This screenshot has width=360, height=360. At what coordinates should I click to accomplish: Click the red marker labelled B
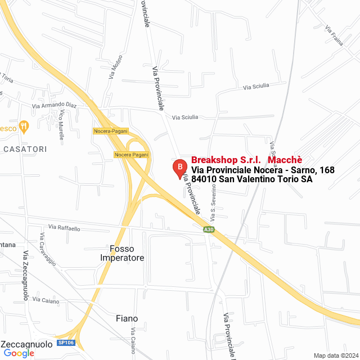(179, 168)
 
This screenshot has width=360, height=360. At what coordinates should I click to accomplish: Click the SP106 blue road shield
(65, 343)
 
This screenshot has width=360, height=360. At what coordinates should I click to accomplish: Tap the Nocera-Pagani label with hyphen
(111, 131)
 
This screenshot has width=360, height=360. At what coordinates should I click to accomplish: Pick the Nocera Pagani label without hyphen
(130, 155)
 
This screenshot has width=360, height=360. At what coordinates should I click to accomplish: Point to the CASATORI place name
(25, 149)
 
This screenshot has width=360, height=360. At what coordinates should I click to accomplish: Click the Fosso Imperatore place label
(122, 253)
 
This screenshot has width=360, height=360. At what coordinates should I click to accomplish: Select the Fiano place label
(127, 318)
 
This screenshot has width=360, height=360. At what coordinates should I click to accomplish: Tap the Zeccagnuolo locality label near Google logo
(27, 343)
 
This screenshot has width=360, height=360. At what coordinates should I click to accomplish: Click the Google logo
(19, 353)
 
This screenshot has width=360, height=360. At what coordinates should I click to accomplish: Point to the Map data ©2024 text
(335, 355)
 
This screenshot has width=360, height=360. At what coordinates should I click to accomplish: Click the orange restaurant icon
(24, 127)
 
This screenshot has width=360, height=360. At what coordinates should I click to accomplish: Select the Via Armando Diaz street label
(54, 105)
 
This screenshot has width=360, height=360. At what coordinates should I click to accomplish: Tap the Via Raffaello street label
(64, 228)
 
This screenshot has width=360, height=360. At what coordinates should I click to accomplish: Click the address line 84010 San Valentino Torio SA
(251, 179)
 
